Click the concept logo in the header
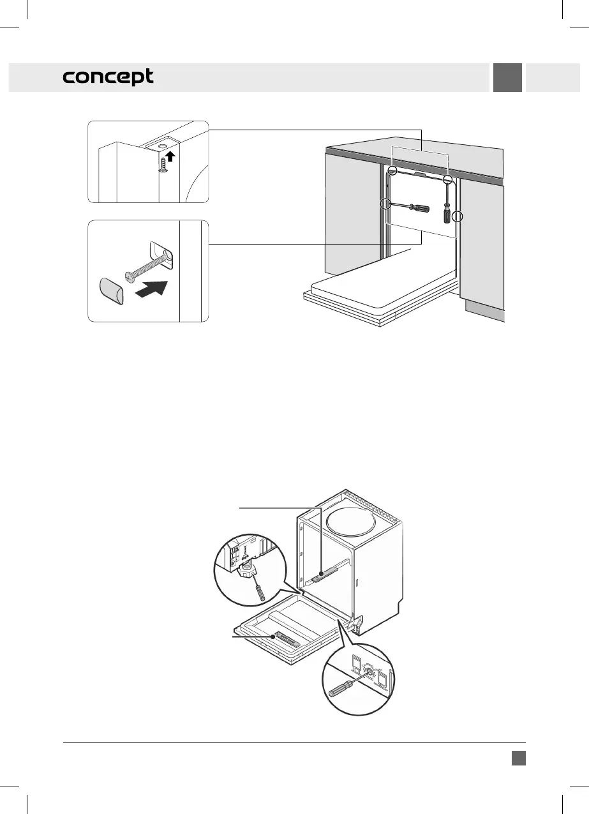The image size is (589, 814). click(x=108, y=78)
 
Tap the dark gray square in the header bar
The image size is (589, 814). click(x=507, y=78)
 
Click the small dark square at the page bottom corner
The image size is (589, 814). click(x=518, y=757)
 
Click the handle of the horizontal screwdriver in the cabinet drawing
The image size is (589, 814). click(x=419, y=208)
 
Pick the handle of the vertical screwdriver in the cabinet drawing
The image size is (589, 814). click(x=447, y=214)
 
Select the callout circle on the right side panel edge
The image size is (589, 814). click(x=456, y=217)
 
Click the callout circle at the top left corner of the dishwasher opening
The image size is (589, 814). click(x=394, y=170)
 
